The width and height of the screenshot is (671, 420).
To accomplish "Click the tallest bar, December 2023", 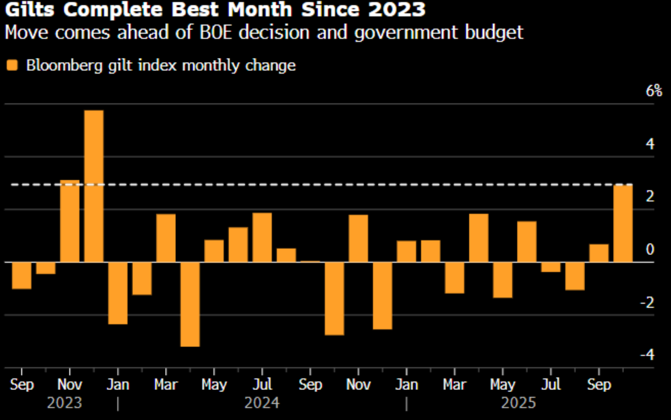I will click(93, 185).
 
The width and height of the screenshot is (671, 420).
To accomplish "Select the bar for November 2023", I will click(70, 221).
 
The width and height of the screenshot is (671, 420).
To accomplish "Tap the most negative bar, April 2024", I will click(190, 304).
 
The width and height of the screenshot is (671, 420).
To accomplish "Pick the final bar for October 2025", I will click(623, 223).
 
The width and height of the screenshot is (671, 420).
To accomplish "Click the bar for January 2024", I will click(118, 292).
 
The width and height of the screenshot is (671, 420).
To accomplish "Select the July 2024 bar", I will click(262, 237).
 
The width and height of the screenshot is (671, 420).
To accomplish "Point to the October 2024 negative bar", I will click(334, 298).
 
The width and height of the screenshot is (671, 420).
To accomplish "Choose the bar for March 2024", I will click(166, 238).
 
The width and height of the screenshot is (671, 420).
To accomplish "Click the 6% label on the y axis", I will click(653, 91).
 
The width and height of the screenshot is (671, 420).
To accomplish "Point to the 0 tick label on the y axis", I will click(650, 250).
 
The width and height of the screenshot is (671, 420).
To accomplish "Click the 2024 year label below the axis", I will click(262, 403).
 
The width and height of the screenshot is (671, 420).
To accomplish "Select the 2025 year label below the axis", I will click(518, 403).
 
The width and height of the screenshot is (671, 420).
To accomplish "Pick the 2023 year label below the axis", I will click(65, 403).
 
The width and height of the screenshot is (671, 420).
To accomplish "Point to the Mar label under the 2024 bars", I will click(166, 385).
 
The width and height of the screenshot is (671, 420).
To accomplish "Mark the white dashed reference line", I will click(341, 185).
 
